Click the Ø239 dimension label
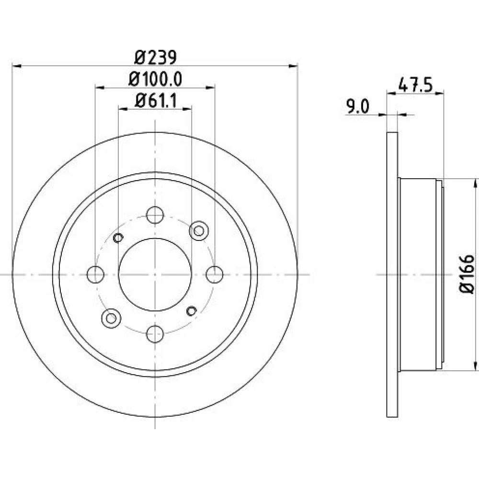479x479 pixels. [x=155, y=57]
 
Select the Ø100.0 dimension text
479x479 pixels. [x=155, y=79]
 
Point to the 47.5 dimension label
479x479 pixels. [x=416, y=85]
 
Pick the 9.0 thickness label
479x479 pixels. [x=357, y=107]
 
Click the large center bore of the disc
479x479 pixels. [x=155, y=274]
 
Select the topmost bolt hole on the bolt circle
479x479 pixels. [x=155, y=215]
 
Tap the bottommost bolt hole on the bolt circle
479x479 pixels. [x=155, y=334]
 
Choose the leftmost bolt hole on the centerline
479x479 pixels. [x=95, y=274]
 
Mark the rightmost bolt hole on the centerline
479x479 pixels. [x=215, y=274]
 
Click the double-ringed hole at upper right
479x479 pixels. [x=199, y=231]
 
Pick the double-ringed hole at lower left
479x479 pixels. [x=111, y=319]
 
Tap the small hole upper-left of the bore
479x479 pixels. [x=118, y=238]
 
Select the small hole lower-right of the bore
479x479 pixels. [x=192, y=311]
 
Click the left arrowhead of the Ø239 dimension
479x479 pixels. [x=16, y=66]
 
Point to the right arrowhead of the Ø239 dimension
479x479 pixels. [x=293, y=66]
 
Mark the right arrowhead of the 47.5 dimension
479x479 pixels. [x=439, y=93]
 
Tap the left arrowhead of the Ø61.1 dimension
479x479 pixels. [x=123, y=108]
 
